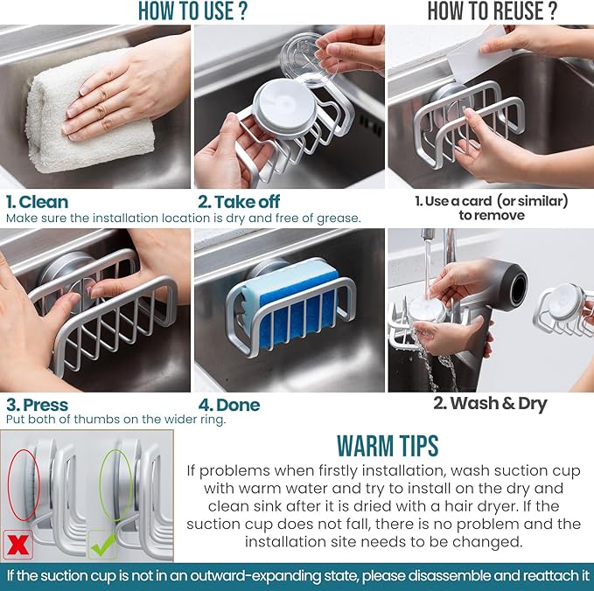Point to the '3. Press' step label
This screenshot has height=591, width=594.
[37, 405]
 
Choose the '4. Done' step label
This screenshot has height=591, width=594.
[229, 405]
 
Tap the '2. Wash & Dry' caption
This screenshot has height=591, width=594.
[490, 403]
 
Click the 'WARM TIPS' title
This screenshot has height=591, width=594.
[387, 444]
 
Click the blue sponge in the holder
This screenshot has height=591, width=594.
[288, 305]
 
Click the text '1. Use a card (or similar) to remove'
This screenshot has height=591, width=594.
[491, 208]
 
